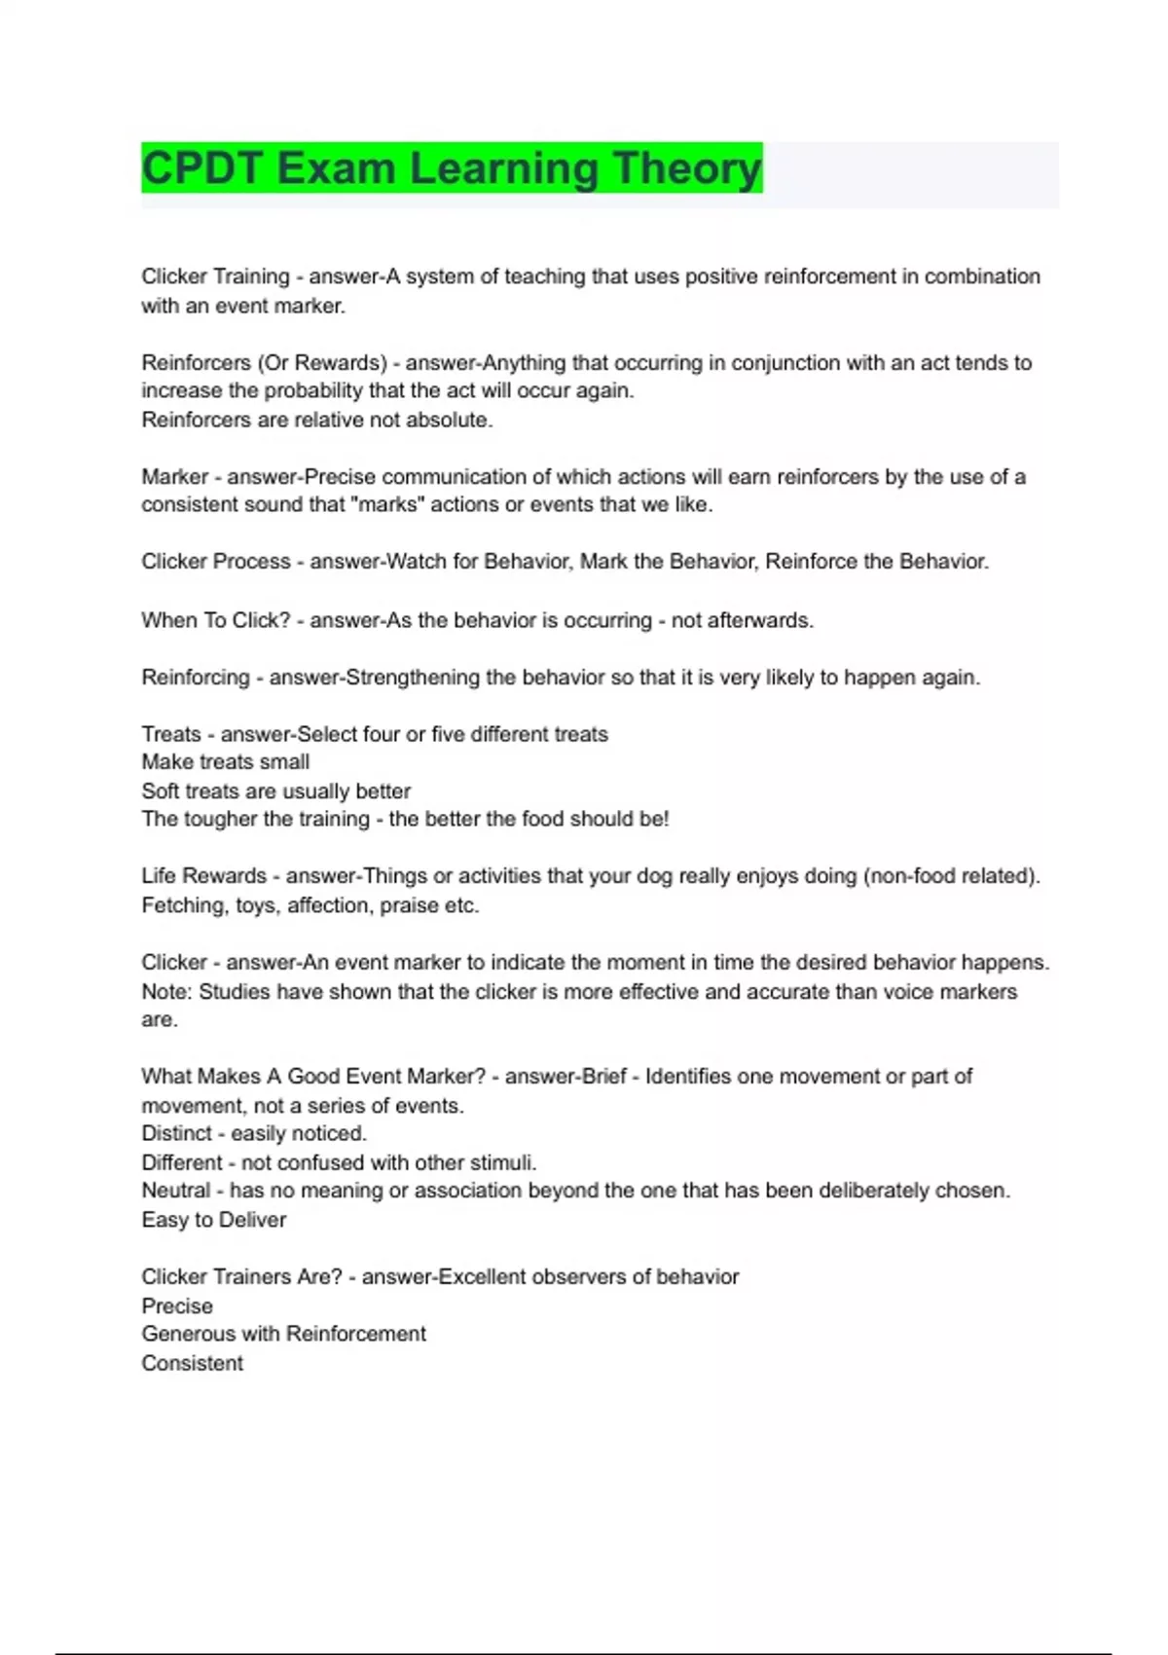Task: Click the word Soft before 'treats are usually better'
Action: (162, 791)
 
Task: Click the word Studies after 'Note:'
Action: (234, 991)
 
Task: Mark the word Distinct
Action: (176, 1133)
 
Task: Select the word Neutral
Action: (175, 1190)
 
